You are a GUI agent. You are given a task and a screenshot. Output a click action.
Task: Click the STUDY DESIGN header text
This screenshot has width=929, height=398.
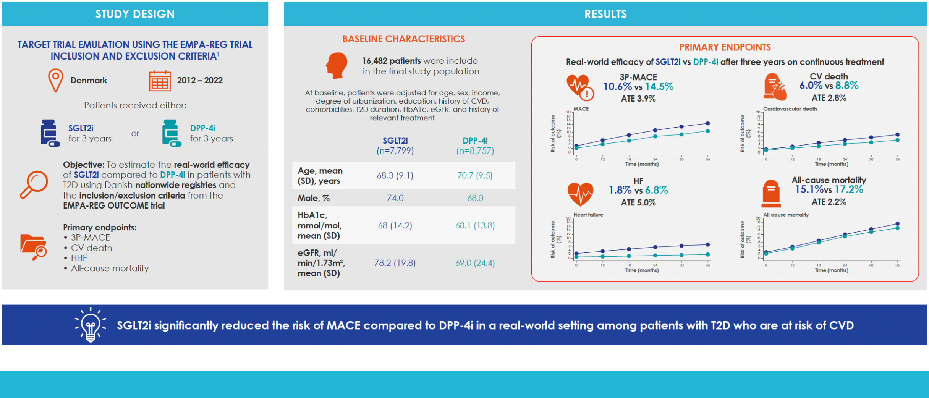coord(135,14)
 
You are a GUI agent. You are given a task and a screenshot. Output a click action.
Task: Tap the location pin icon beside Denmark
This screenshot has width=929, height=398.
coord(55,79)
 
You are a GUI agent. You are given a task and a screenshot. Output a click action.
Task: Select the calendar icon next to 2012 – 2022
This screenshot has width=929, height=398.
coord(160,81)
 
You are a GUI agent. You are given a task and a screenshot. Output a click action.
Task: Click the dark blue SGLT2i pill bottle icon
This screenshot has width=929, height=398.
coord(50,133)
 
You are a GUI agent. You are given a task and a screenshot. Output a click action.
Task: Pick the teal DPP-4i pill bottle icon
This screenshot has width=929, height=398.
coord(171,133)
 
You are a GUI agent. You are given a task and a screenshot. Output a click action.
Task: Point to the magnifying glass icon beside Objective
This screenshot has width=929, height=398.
coord(34,184)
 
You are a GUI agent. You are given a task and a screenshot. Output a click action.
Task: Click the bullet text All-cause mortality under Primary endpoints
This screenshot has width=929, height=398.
coord(110,269)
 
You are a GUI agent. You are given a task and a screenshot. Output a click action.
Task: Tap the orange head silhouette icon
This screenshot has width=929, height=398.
coord(337,65)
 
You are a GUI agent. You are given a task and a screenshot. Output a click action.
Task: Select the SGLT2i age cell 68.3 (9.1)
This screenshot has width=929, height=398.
coord(395,176)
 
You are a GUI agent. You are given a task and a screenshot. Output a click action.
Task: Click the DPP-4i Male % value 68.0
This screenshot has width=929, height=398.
coord(475,198)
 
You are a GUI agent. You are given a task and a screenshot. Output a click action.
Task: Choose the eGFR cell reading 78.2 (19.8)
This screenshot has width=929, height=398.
coord(395,263)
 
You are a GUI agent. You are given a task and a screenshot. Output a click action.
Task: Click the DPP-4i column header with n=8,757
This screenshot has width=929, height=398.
coord(475,146)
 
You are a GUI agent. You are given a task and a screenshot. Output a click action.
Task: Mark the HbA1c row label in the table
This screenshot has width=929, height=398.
coord(320,225)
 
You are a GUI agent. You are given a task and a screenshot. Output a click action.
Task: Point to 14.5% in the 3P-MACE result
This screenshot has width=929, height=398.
coord(659,87)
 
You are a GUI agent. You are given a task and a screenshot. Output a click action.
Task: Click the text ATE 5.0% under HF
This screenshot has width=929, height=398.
coord(638,203)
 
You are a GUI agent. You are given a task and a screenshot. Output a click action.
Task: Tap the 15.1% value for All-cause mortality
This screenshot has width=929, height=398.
coord(809,189)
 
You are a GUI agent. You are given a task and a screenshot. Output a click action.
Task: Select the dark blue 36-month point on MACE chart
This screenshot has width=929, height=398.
coord(708,123)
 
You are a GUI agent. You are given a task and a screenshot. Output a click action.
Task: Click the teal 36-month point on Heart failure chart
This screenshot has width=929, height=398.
coord(708,254)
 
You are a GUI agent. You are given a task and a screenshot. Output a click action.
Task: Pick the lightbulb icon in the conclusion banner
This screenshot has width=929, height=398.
coord(91,325)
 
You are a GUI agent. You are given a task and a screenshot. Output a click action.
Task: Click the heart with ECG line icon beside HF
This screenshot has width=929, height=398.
coord(580,194)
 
